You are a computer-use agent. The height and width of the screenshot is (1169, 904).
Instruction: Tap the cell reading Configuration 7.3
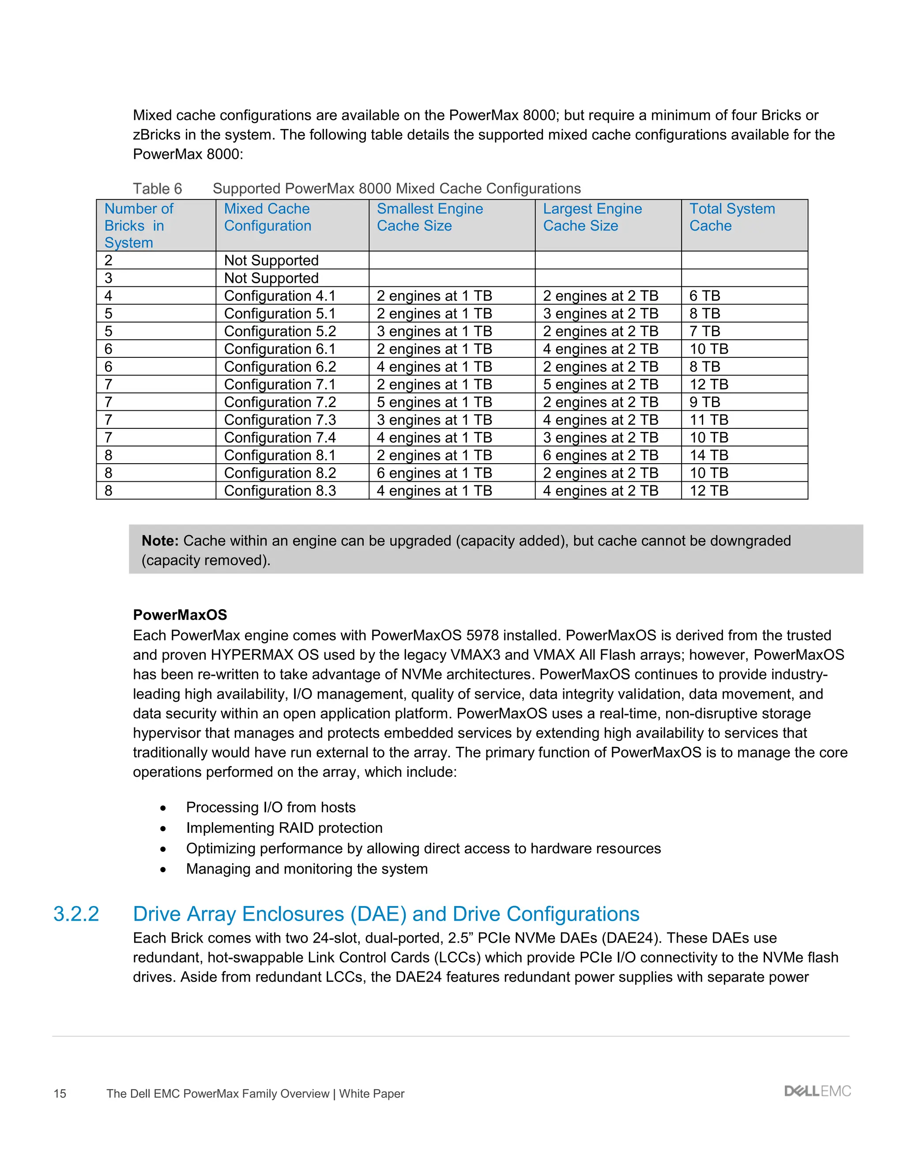pyautogui.click(x=279, y=420)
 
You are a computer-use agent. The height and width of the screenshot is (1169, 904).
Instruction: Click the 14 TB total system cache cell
pyautogui.click(x=708, y=455)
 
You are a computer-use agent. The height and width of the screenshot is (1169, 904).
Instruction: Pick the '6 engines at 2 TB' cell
pyautogui.click(x=600, y=455)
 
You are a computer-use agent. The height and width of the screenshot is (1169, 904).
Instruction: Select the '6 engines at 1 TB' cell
pyautogui.click(x=434, y=472)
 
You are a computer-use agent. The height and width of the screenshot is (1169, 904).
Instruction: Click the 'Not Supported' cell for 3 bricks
pyautogui.click(x=271, y=278)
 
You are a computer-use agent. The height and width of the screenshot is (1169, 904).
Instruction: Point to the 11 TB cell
pyautogui.click(x=708, y=420)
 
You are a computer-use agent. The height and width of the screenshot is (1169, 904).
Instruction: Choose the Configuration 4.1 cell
pyautogui.click(x=279, y=296)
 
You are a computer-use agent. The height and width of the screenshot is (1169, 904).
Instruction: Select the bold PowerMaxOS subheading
pyautogui.click(x=180, y=614)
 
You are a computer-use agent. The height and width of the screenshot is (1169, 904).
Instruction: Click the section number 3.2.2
pyautogui.click(x=76, y=914)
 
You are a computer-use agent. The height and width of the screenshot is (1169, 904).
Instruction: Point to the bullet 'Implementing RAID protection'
pyautogui.click(x=284, y=828)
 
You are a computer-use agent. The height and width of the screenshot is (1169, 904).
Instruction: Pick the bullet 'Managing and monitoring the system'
pyautogui.click(x=306, y=868)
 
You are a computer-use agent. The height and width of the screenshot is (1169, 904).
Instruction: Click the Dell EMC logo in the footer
pyautogui.click(x=817, y=1091)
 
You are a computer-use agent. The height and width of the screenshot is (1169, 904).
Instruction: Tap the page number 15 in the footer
pyautogui.click(x=60, y=1094)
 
